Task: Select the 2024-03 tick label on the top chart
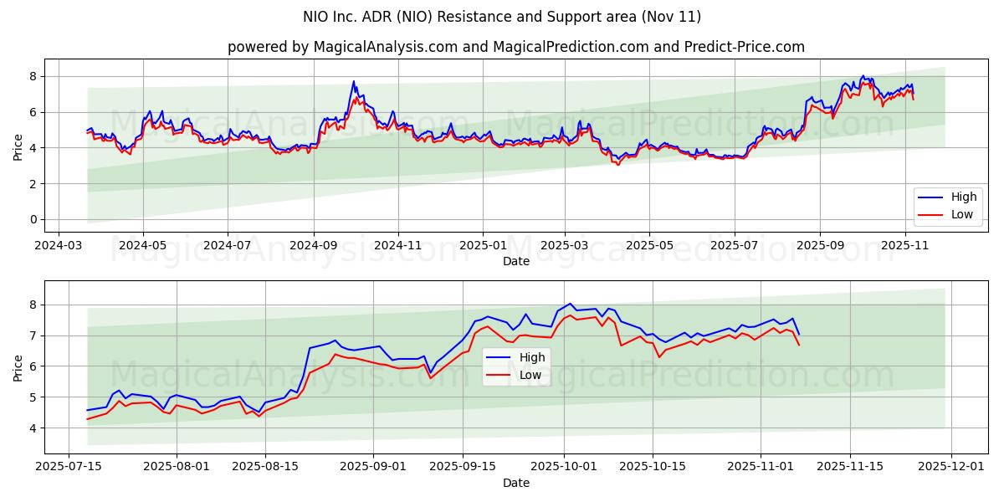click(x=57, y=247)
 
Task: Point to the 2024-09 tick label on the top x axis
click(x=314, y=247)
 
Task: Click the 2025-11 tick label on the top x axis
click(x=905, y=247)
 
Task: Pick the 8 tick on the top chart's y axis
click(x=33, y=76)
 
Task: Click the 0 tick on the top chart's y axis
click(x=33, y=219)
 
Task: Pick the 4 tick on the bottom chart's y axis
click(x=33, y=428)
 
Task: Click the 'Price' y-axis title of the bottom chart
click(x=18, y=367)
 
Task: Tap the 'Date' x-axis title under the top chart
click(x=515, y=261)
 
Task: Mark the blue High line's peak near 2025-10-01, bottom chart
click(x=570, y=304)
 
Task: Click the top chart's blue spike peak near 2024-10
click(x=354, y=81)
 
